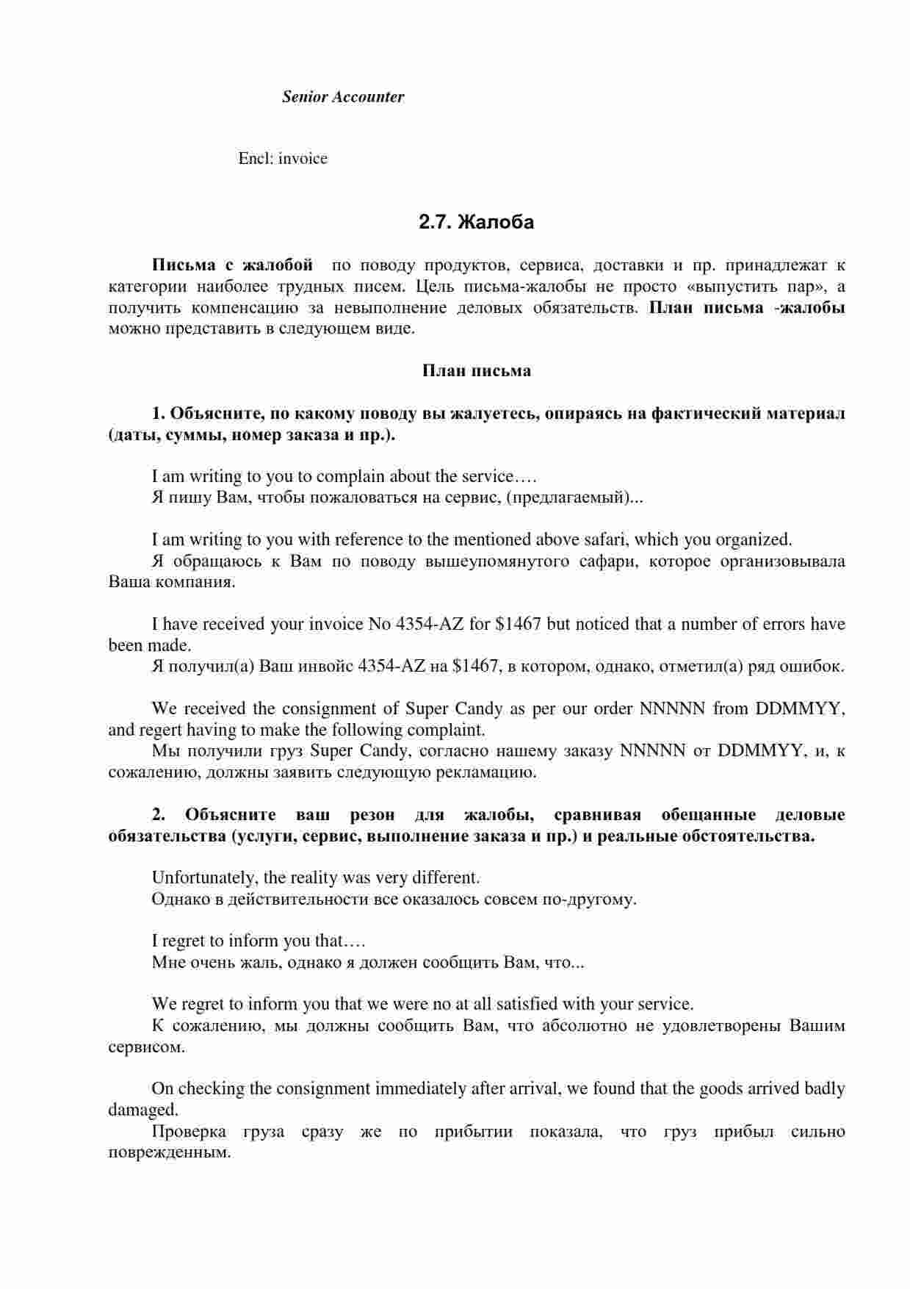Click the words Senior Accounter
point(343,97)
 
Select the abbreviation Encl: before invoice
point(256,159)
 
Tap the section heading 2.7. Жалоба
point(476,222)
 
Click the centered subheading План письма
point(476,371)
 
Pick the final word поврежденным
point(169,1153)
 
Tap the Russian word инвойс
point(327,667)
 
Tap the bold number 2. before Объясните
point(159,815)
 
